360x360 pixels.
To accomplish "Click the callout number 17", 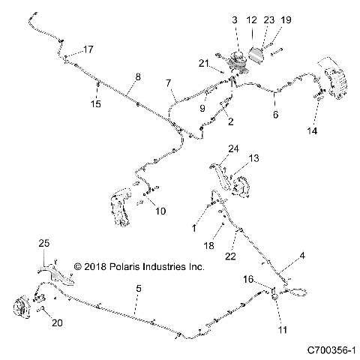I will pyautogui.click(x=88, y=50).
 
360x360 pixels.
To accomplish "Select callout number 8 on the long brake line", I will pyautogui.click(x=137, y=76).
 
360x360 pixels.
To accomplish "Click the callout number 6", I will pyautogui.click(x=275, y=115).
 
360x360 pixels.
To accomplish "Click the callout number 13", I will pyautogui.click(x=253, y=158).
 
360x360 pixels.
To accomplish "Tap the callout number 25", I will pyautogui.click(x=43, y=243).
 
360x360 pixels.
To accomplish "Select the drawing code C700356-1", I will pyautogui.click(x=329, y=350).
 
